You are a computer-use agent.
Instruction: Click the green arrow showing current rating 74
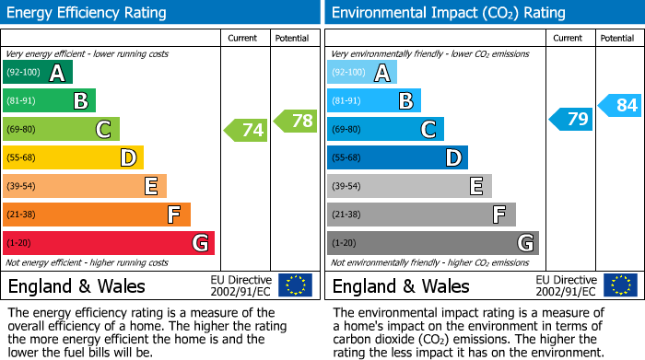[246, 131]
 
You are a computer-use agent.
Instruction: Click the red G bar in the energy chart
[109, 243]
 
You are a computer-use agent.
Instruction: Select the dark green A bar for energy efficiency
[38, 73]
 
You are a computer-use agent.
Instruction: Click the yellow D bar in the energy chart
[73, 158]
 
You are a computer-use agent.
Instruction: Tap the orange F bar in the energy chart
[97, 215]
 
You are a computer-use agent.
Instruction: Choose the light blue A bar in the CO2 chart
[362, 73]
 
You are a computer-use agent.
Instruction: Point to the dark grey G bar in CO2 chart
[433, 243]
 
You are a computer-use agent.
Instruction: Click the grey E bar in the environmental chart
[409, 186]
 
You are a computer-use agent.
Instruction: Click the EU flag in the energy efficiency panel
[295, 285]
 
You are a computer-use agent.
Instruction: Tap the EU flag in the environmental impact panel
[619, 285]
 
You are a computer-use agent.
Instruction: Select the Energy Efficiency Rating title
[88, 13]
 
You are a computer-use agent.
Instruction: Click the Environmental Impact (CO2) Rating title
[448, 13]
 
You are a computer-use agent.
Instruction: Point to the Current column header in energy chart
[244, 38]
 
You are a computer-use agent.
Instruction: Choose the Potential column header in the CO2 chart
[617, 38]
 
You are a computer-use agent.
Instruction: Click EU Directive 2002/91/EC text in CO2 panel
[566, 285]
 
